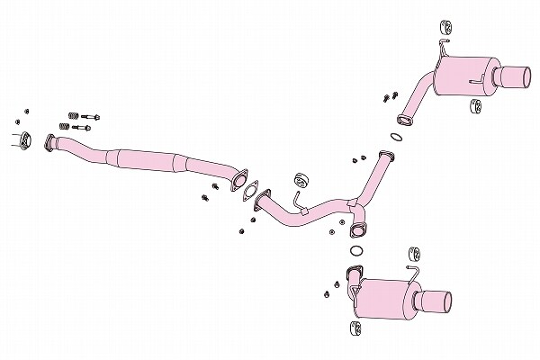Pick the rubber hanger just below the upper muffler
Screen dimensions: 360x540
pos(475,108)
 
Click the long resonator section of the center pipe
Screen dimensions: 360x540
pos(144,159)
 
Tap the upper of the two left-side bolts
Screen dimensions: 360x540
pos(91,115)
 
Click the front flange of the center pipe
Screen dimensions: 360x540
pos(50,143)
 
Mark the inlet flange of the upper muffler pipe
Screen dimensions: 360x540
pos(403,116)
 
